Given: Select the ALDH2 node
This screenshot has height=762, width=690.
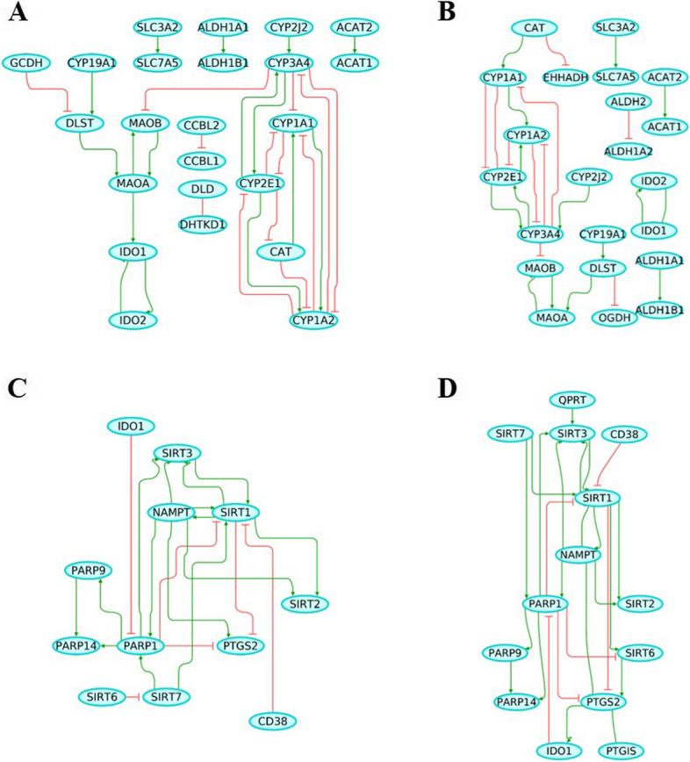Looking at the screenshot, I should pyautogui.click(x=629, y=103).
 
